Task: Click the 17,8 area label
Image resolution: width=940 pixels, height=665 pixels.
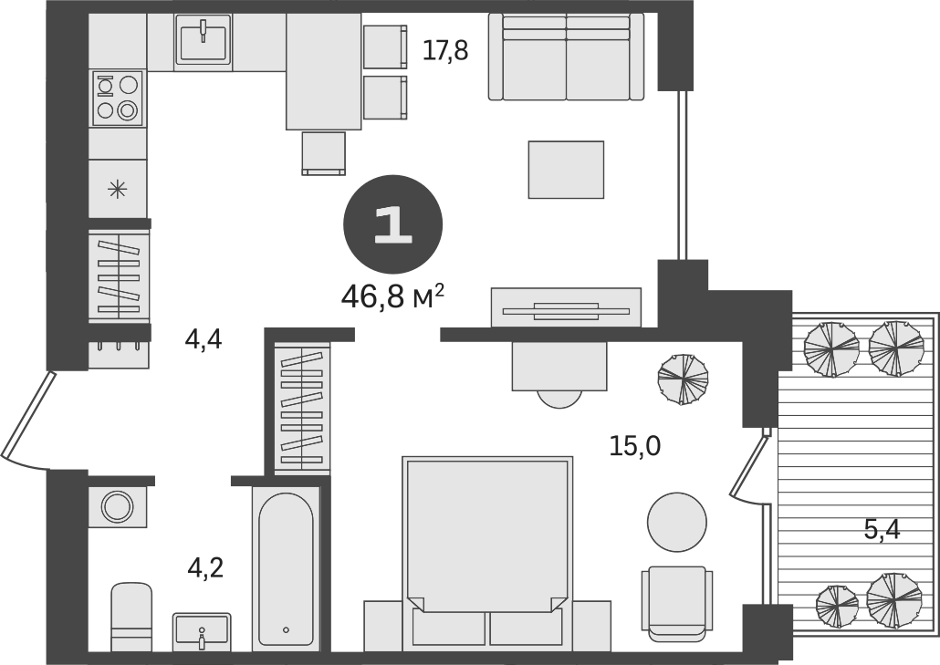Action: pyautogui.click(x=445, y=51)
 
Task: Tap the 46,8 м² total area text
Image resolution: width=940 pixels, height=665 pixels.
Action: pyautogui.click(x=393, y=296)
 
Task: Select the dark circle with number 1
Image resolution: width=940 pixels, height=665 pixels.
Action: pyautogui.click(x=393, y=224)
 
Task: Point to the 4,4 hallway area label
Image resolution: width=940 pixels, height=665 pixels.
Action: pyautogui.click(x=204, y=340)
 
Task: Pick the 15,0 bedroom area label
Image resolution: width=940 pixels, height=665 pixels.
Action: pyautogui.click(x=635, y=446)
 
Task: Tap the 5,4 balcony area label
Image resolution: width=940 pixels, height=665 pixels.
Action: pyautogui.click(x=882, y=529)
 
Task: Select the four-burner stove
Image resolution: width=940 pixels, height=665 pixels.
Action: pyautogui.click(x=118, y=98)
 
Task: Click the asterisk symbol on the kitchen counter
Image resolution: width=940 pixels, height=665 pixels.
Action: pyautogui.click(x=118, y=189)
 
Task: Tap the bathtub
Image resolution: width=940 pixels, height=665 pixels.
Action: pyautogui.click(x=286, y=570)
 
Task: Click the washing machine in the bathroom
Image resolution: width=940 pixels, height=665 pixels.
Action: pyautogui.click(x=117, y=505)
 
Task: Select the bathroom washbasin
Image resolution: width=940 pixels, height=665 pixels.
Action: pyautogui.click(x=202, y=630)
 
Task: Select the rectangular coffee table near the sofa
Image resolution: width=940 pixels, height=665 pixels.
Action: pyautogui.click(x=566, y=170)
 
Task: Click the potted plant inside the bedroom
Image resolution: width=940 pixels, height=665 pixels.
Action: pyautogui.click(x=684, y=378)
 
